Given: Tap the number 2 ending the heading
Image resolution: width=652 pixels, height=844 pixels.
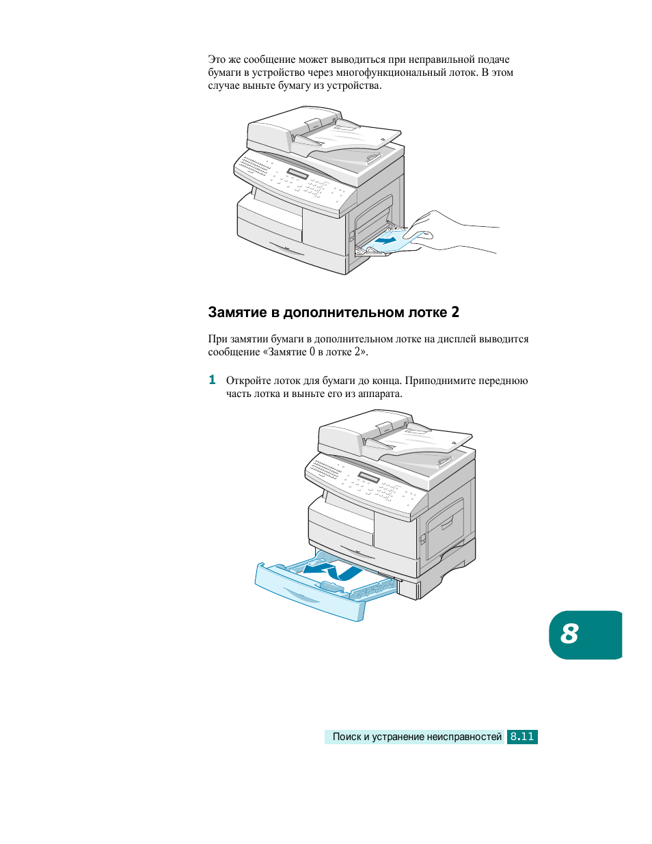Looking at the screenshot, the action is (x=455, y=312).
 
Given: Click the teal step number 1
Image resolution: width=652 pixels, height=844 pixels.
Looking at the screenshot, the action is (x=212, y=380).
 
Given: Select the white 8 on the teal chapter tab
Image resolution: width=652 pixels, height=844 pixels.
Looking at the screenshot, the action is (x=569, y=634).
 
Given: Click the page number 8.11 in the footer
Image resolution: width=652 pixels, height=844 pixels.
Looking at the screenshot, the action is (x=522, y=737).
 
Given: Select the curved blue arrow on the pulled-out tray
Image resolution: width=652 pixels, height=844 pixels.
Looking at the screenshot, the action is (x=333, y=571).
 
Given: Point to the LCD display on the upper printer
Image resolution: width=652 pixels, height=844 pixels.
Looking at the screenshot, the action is (x=297, y=174).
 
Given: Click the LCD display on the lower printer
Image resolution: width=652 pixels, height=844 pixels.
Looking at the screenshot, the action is (x=368, y=477).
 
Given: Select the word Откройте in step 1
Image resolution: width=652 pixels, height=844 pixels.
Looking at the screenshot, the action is (x=249, y=381).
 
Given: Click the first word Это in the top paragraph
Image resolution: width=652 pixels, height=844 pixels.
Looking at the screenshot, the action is (x=216, y=59).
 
